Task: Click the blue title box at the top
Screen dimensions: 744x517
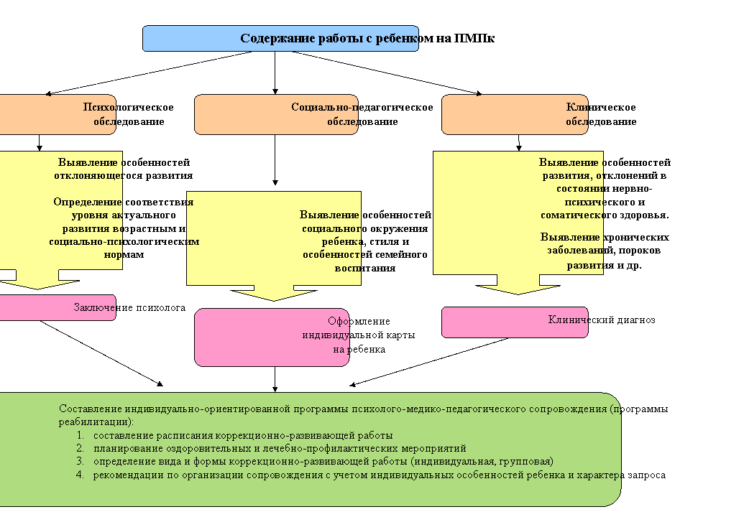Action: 280,38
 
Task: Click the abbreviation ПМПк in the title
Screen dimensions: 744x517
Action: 474,38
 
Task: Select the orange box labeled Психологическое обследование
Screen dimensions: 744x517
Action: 58,115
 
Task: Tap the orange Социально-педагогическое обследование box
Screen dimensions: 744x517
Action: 276,115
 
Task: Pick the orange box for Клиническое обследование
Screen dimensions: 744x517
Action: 515,115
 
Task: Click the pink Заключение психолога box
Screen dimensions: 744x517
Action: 58,307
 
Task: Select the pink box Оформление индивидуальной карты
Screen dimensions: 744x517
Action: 272,337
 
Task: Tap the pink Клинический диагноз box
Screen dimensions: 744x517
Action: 515,322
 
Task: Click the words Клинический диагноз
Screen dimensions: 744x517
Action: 602,320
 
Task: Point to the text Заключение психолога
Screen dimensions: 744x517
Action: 129,307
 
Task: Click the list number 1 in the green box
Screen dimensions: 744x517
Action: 80,435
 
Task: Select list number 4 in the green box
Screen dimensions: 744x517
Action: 80,475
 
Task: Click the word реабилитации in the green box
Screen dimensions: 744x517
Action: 94,421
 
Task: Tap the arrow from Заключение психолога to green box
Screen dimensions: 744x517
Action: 101,353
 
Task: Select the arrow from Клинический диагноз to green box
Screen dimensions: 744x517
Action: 429,362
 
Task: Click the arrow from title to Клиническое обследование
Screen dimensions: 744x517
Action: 387,73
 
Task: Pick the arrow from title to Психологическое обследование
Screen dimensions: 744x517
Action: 149,73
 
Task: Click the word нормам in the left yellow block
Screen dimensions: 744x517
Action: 124,255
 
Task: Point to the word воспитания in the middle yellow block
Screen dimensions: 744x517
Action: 365,269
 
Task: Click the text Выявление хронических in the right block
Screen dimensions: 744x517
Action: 605,237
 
